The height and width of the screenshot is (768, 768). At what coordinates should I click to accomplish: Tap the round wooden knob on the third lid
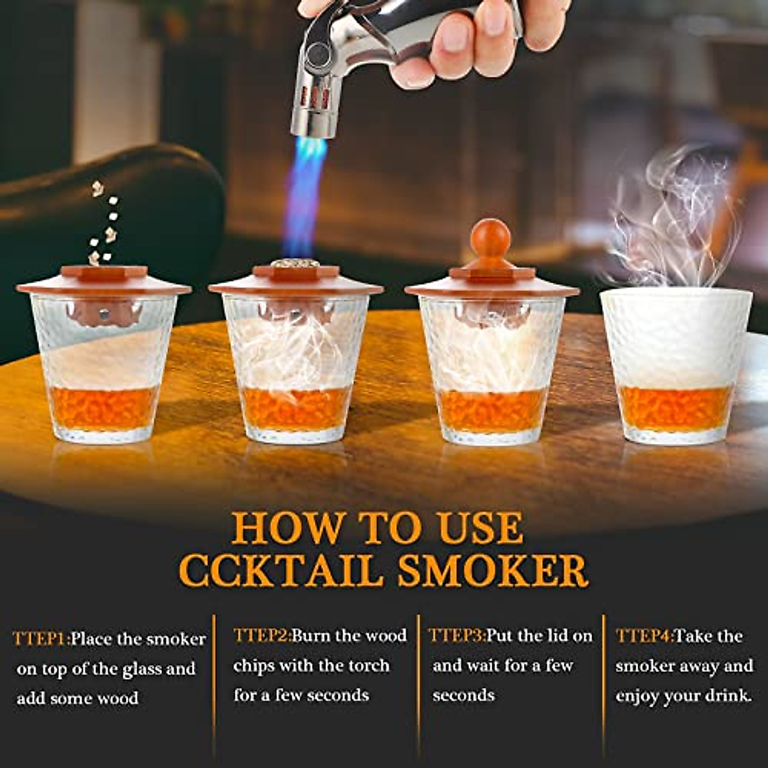pyautogui.click(x=490, y=239)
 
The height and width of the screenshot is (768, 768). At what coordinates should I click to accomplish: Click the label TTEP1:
pyautogui.click(x=41, y=639)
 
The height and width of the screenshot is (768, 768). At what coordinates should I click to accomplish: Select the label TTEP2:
pyautogui.click(x=262, y=636)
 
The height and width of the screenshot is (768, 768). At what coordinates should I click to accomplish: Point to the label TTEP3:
pyautogui.click(x=456, y=636)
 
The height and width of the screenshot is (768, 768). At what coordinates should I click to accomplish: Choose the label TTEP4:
pyautogui.click(x=644, y=636)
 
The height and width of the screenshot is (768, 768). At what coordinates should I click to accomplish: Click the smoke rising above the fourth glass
pyautogui.click(x=672, y=218)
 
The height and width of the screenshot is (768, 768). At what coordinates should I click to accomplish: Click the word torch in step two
pyautogui.click(x=368, y=666)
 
